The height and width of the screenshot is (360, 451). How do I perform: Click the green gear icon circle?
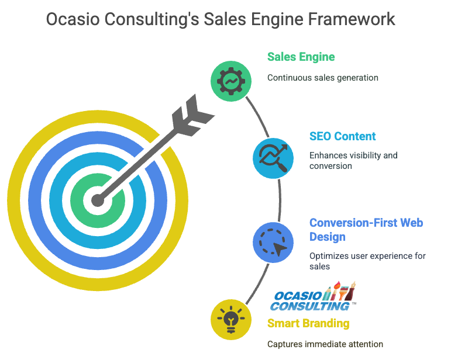[231, 81]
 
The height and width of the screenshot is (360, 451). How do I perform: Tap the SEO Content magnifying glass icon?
[273, 158]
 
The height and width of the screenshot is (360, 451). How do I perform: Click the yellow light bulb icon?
[231, 320]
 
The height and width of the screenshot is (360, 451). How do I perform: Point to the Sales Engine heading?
[301, 57]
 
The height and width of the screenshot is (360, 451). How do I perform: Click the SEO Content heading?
[343, 136]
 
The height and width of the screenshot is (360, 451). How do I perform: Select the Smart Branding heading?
[308, 323]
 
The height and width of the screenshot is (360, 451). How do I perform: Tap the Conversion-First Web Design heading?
[366, 230]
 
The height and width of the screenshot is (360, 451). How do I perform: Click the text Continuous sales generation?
[323, 78]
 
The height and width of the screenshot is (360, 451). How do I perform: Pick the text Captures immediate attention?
[325, 344]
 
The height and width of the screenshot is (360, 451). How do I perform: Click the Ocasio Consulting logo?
[313, 296]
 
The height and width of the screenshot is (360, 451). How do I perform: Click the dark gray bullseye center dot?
[98, 200]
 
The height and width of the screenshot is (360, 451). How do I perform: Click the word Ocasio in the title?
[73, 19]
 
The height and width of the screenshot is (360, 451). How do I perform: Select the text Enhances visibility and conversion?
[353, 160]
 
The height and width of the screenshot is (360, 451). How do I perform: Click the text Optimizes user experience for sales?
[367, 261]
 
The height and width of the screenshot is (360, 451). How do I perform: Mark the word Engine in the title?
[277, 20]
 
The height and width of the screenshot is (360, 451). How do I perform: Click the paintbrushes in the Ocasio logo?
[339, 291]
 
